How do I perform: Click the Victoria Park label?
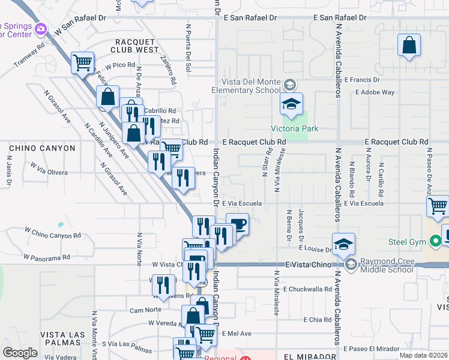click(x=295, y=128)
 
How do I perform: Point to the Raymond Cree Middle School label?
click(x=387, y=265)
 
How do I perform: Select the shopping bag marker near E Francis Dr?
click(x=409, y=46)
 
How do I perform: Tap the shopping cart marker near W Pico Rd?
click(x=82, y=62)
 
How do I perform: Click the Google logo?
click(x=20, y=352)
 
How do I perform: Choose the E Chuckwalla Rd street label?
click(x=308, y=289)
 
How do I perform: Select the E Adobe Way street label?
click(x=375, y=92)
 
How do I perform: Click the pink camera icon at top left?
click(x=41, y=28)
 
